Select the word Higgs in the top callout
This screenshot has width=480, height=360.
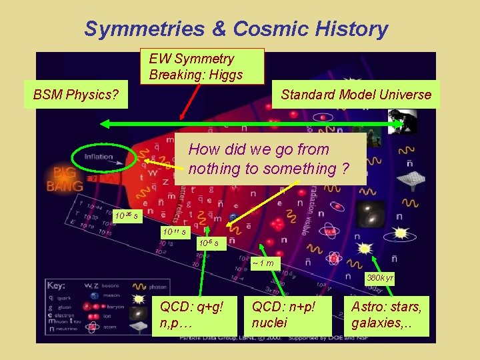(x=225, y=74)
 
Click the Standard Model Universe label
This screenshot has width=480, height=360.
(x=356, y=95)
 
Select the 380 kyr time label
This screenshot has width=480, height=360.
(x=380, y=277)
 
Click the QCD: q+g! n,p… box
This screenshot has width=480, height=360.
(x=191, y=314)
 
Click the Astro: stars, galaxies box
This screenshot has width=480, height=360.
(x=387, y=314)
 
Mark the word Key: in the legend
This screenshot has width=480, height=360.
(x=56, y=285)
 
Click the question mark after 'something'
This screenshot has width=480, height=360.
(x=344, y=169)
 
